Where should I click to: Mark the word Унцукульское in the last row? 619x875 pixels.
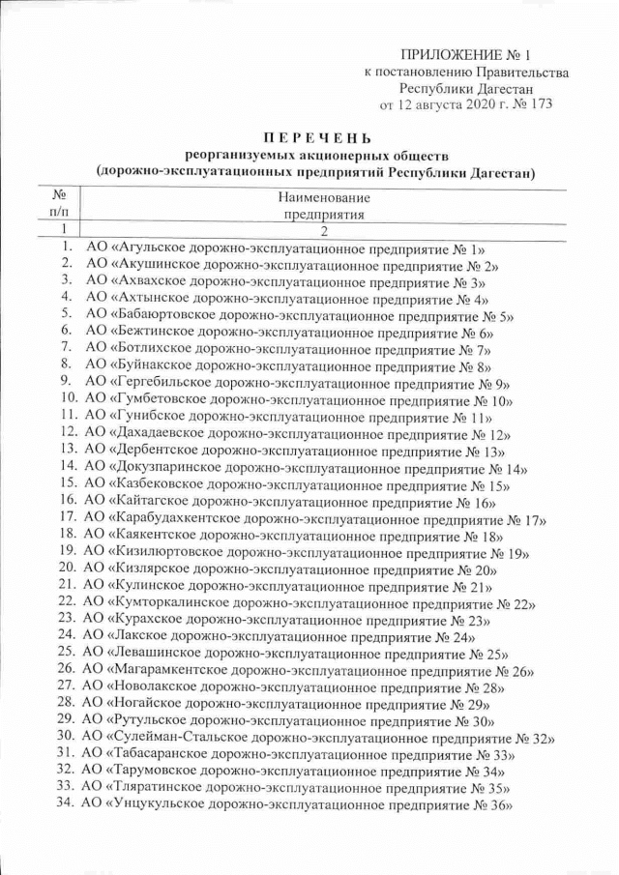click(x=160, y=805)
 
